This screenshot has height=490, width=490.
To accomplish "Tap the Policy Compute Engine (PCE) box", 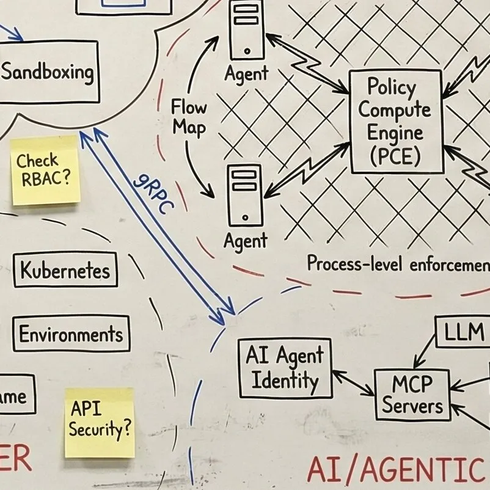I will point(395,121).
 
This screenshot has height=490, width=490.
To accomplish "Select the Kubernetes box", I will point(65,270).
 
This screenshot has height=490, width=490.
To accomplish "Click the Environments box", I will point(71,334).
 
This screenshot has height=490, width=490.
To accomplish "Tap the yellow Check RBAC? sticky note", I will point(46,170).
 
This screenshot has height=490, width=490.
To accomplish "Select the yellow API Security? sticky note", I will point(99,422).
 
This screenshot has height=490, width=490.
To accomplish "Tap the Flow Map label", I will point(189,117).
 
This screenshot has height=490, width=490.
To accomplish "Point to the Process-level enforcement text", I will point(398,264).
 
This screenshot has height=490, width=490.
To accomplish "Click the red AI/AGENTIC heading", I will point(394,471).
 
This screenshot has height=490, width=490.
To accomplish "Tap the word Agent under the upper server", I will point(246,74).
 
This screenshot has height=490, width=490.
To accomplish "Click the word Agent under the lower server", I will point(246,241).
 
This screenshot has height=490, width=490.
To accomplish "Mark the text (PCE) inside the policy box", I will point(395,156).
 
